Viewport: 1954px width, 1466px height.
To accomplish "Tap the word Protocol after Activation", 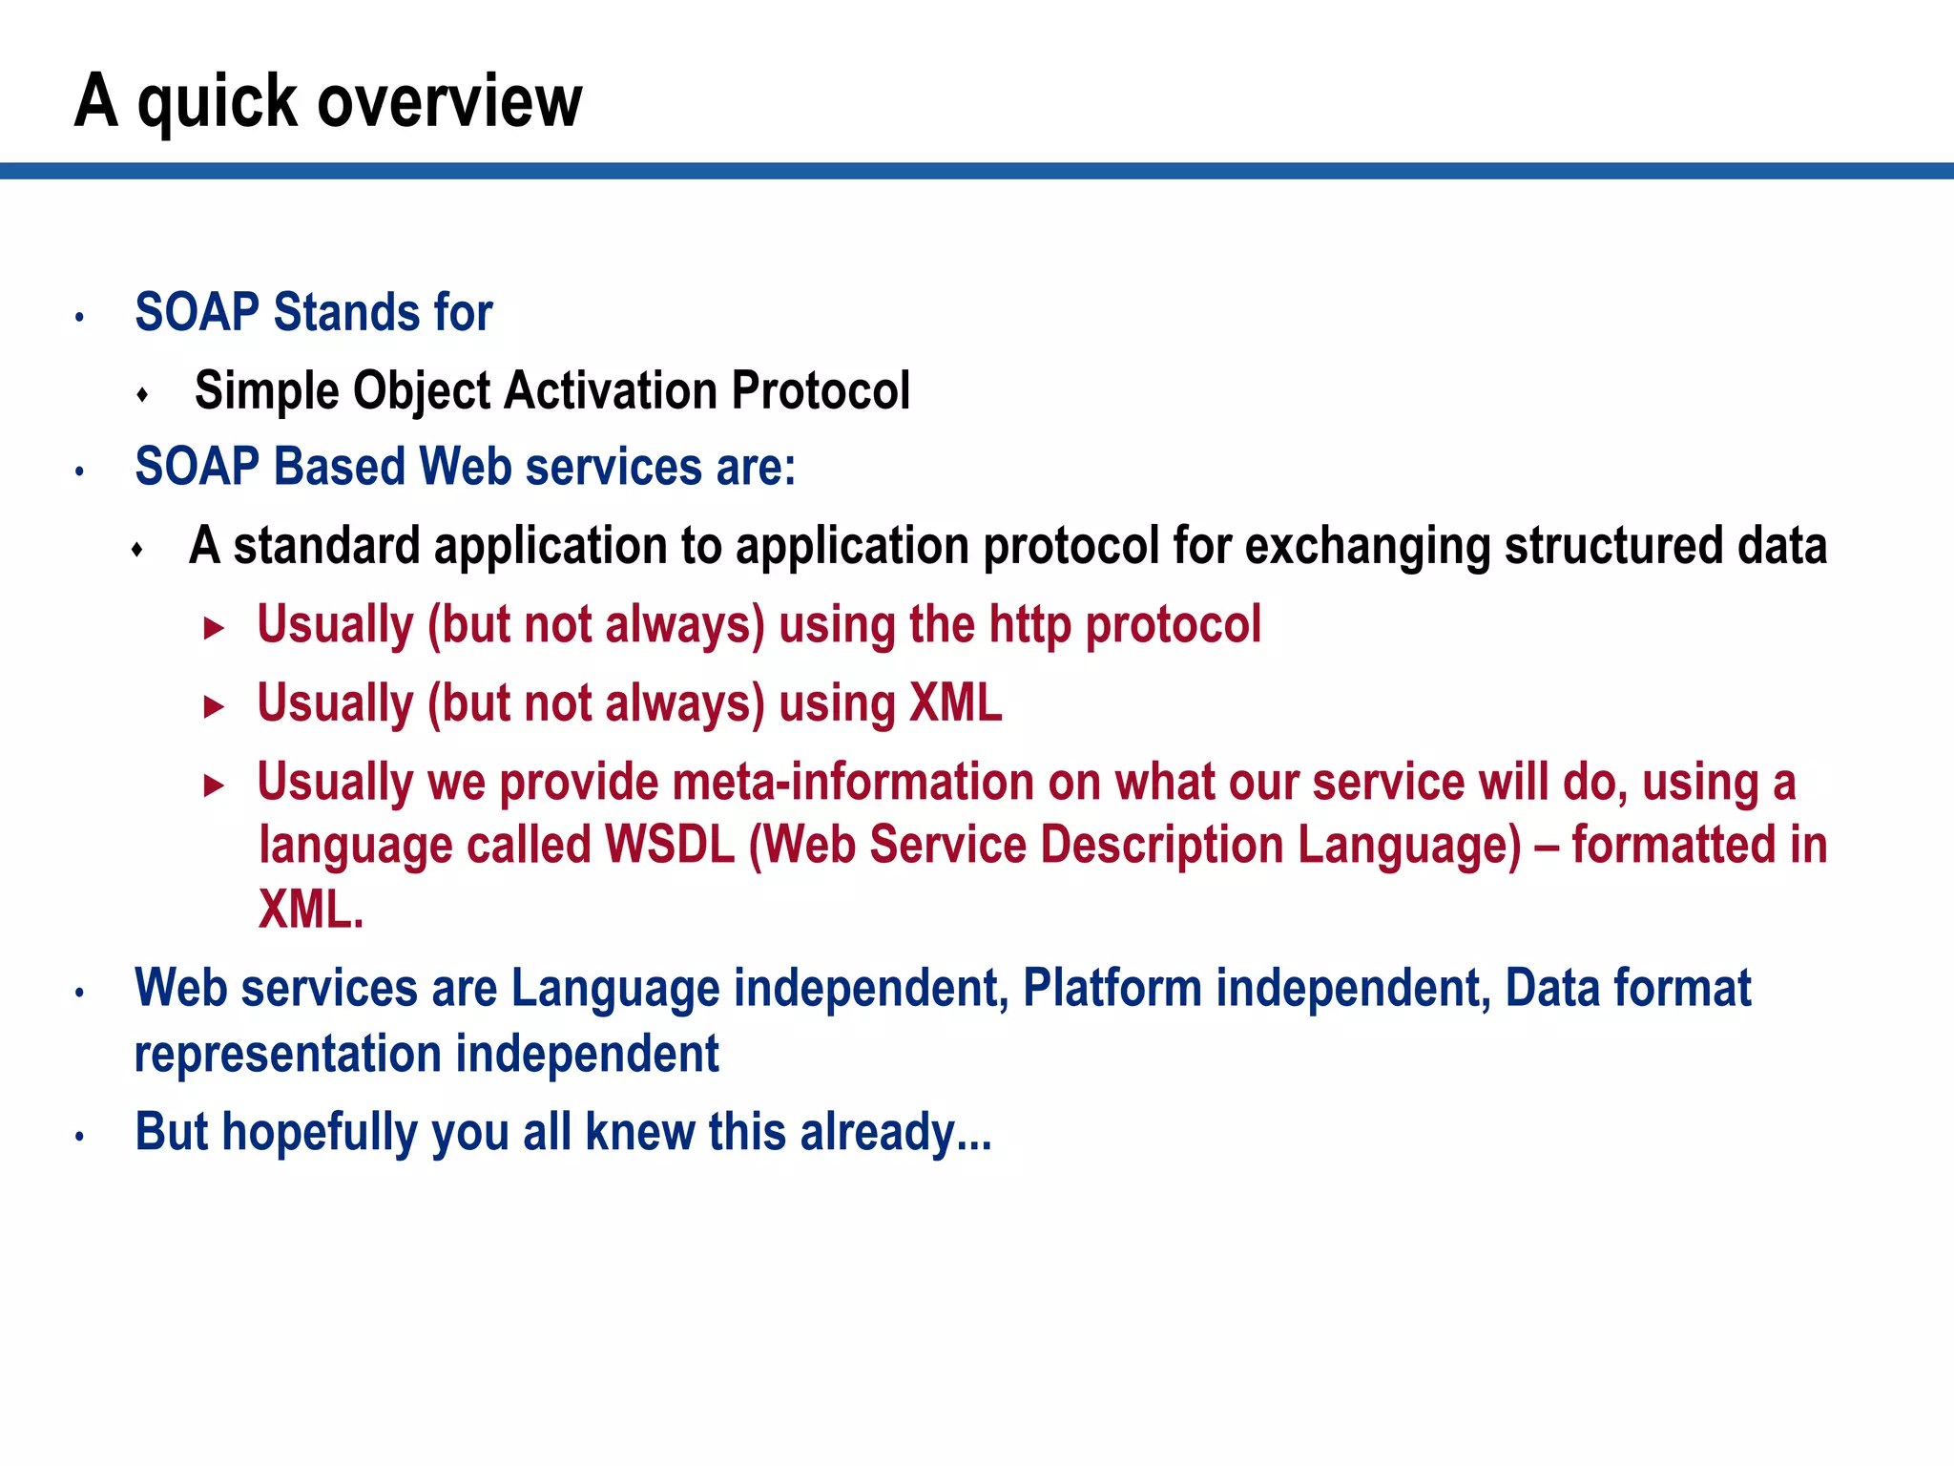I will [x=821, y=391].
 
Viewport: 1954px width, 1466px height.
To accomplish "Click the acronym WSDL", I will [x=670, y=846].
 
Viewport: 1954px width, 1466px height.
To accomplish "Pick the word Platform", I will [x=1112, y=988].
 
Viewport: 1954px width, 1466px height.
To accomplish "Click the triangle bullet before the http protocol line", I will [x=214, y=628].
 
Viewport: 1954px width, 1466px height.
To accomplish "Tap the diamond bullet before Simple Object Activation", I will [x=142, y=394].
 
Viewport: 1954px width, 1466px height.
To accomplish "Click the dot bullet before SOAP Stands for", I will [x=80, y=317].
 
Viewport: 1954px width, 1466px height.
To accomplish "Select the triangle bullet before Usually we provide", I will [x=214, y=785].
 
